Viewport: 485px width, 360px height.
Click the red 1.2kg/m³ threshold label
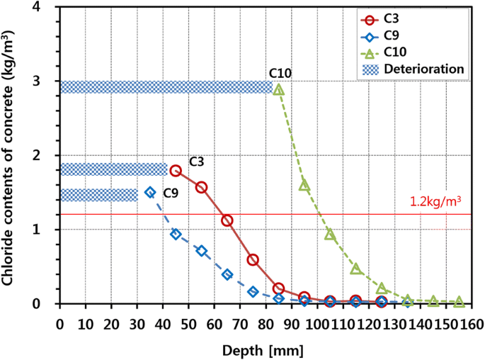435,201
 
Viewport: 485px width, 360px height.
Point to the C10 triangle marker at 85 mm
278,90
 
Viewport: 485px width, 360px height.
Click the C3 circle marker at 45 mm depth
176,171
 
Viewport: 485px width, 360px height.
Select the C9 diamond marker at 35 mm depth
149,192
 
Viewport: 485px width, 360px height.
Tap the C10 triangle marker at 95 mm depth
304,185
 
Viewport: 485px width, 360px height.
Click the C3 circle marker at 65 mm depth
227,220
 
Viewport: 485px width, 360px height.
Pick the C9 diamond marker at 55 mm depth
201,251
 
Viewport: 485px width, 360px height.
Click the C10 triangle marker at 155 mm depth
459,302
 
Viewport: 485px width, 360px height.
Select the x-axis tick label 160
472,323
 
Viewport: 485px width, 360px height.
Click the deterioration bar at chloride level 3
166,87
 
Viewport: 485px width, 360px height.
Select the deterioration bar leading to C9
98,195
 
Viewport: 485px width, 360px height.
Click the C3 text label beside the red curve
197,162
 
